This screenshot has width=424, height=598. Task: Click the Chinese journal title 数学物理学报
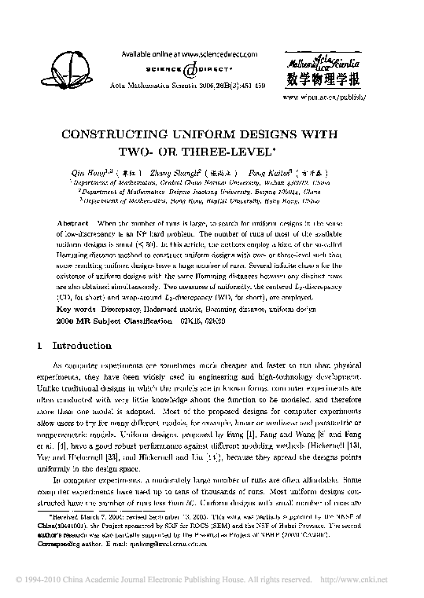point(325,79)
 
